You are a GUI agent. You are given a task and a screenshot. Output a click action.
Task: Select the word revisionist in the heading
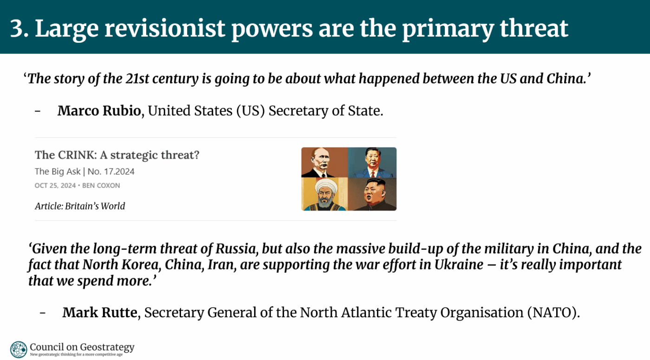pyautogui.click(x=164, y=28)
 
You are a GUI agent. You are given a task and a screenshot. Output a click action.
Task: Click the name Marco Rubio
pyautogui.click(x=99, y=111)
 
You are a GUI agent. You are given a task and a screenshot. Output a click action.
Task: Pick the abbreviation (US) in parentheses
pyautogui.click(x=250, y=111)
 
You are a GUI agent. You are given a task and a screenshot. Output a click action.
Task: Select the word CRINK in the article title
pyautogui.click(x=77, y=155)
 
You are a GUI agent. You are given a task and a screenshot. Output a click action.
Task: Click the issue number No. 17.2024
pyautogui.click(x=111, y=171)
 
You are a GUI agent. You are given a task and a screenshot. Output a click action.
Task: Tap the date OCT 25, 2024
pyautogui.click(x=55, y=185)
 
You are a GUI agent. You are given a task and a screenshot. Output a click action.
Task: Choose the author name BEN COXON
pyautogui.click(x=101, y=185)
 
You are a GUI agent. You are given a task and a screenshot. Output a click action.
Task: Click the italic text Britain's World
pyautogui.click(x=95, y=206)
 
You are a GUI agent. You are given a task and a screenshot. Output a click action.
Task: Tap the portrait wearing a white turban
pyautogui.click(x=325, y=194)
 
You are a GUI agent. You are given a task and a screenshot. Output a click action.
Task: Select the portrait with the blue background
pyautogui.click(x=372, y=163)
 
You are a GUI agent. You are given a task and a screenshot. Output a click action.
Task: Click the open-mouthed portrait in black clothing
pyautogui.click(x=372, y=194)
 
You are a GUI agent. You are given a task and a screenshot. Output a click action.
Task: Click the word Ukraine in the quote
pyautogui.click(x=459, y=264)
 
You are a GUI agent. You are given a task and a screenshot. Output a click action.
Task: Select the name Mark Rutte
pyautogui.click(x=100, y=313)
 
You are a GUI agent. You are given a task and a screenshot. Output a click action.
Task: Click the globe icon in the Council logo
pyautogui.click(x=19, y=349)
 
